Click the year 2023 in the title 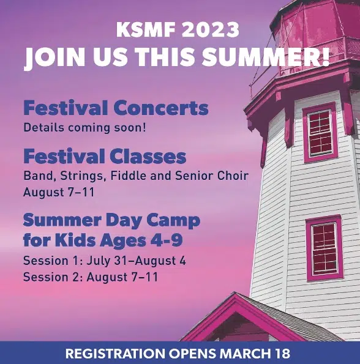tap(210, 29)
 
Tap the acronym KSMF tap(146, 29)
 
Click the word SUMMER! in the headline tap(266, 57)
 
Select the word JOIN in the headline tap(54, 58)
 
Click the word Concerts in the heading tap(161, 108)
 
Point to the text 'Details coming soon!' tap(85, 128)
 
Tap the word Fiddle tap(129, 176)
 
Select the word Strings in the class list tap(81, 176)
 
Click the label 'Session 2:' tap(53, 277)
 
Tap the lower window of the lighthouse tap(324, 248)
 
